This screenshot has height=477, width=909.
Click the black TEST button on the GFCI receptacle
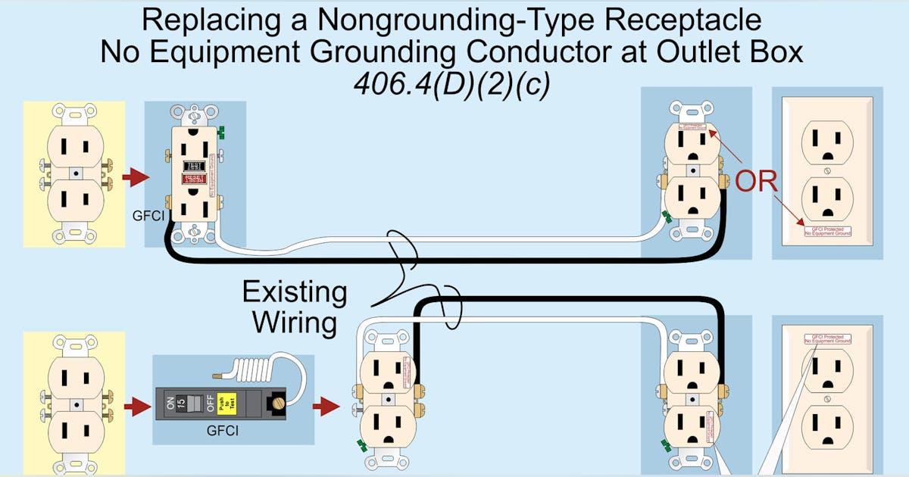click(195, 164)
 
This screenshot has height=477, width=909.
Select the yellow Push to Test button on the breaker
click(224, 405)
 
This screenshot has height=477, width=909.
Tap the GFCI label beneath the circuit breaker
click(223, 432)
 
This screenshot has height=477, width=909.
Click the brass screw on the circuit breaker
click(280, 399)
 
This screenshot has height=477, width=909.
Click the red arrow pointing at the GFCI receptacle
click(136, 178)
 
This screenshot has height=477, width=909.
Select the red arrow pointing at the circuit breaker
click(136, 407)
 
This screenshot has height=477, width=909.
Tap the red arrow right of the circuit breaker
click(326, 407)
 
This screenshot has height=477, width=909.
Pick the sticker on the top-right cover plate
click(826, 231)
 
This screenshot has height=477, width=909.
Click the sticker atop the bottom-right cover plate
click(826, 338)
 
